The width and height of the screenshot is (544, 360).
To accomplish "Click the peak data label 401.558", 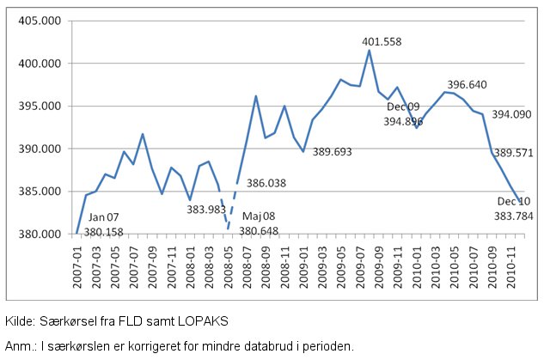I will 382,41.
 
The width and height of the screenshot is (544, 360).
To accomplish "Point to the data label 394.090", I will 511,114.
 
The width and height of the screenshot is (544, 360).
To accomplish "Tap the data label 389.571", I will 514,152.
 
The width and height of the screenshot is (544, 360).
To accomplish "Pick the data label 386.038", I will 266,183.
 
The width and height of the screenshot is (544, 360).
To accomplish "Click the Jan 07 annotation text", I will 103,218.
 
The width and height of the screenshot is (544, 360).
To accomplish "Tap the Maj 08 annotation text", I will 259,217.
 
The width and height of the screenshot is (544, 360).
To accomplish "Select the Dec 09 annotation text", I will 403,107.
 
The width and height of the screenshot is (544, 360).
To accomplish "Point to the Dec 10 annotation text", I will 514,202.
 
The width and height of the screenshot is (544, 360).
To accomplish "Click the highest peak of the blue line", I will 370,50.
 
